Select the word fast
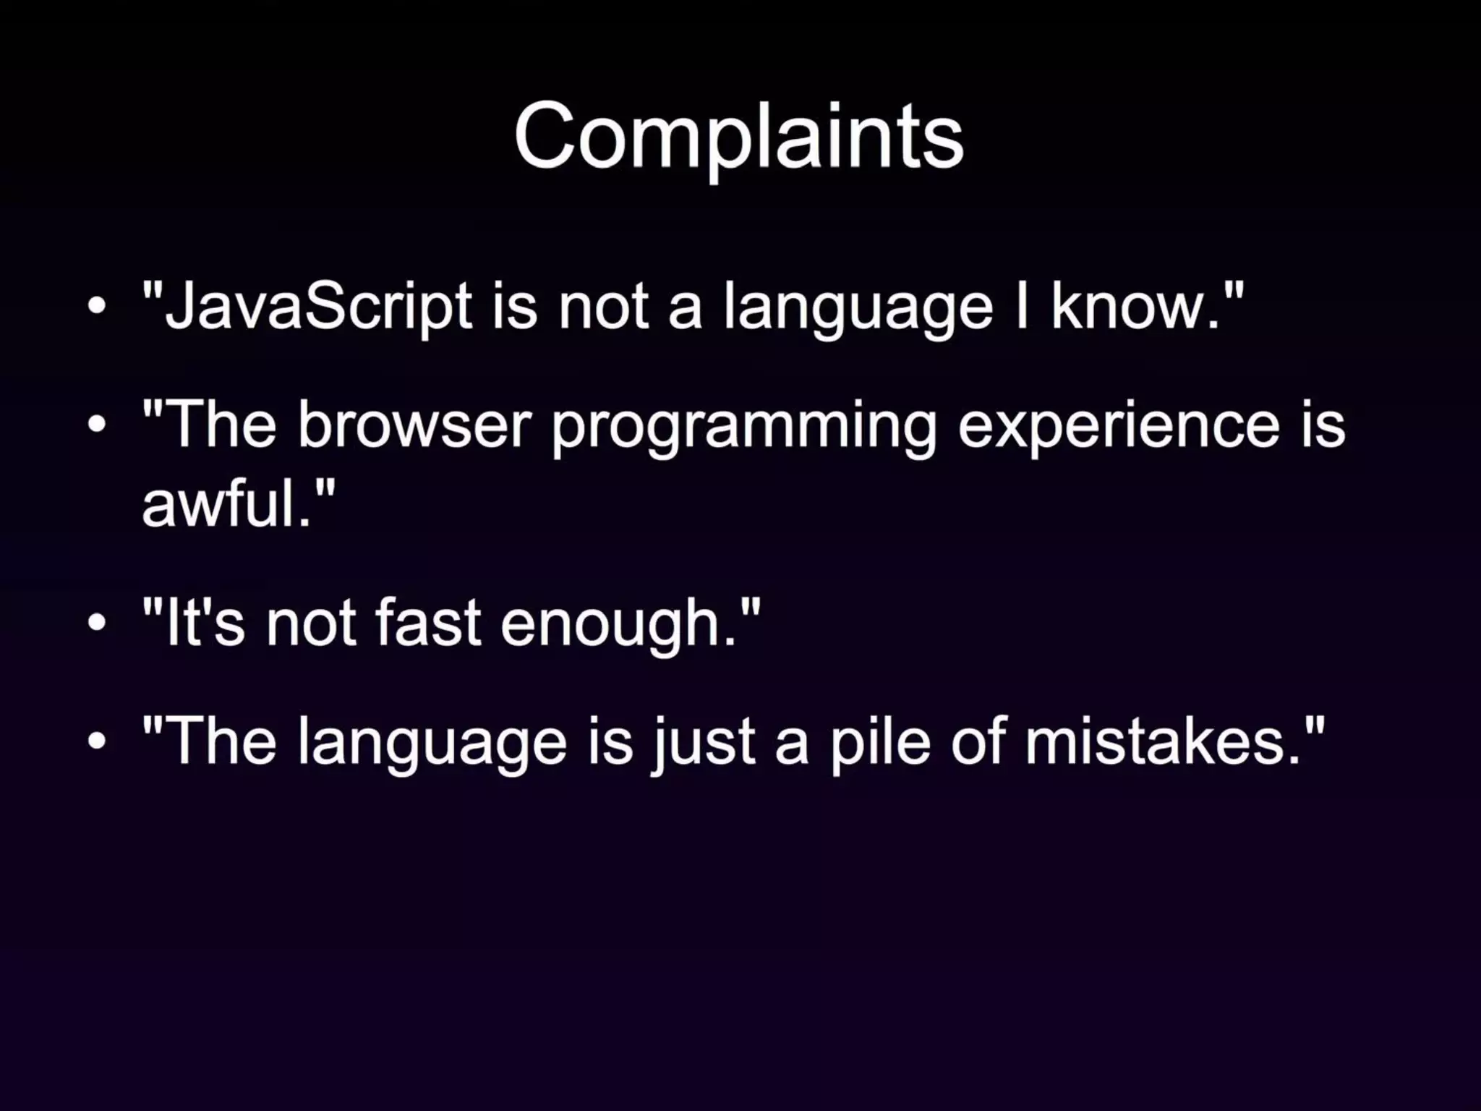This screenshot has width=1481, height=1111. pos(427,623)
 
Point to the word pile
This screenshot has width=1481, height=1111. pos(879,744)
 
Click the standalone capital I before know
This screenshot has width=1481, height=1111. pos(1021,307)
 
